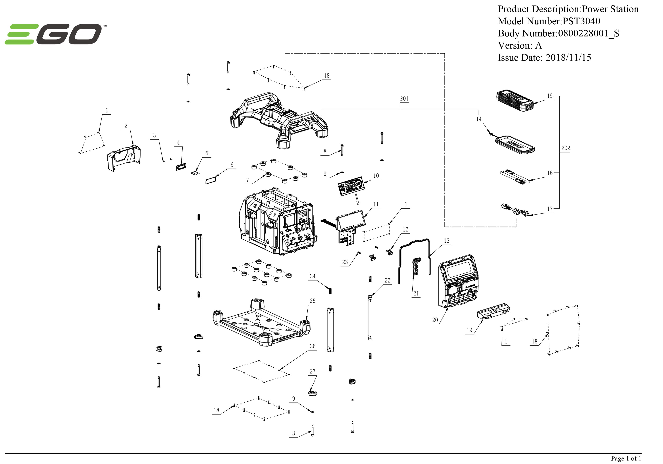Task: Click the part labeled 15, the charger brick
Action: (x=515, y=101)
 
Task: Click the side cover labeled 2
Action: (x=124, y=158)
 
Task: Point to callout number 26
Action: (x=312, y=346)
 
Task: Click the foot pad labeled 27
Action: (x=313, y=393)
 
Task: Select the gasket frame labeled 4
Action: (x=181, y=167)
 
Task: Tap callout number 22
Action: (x=387, y=280)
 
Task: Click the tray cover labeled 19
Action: (x=493, y=311)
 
